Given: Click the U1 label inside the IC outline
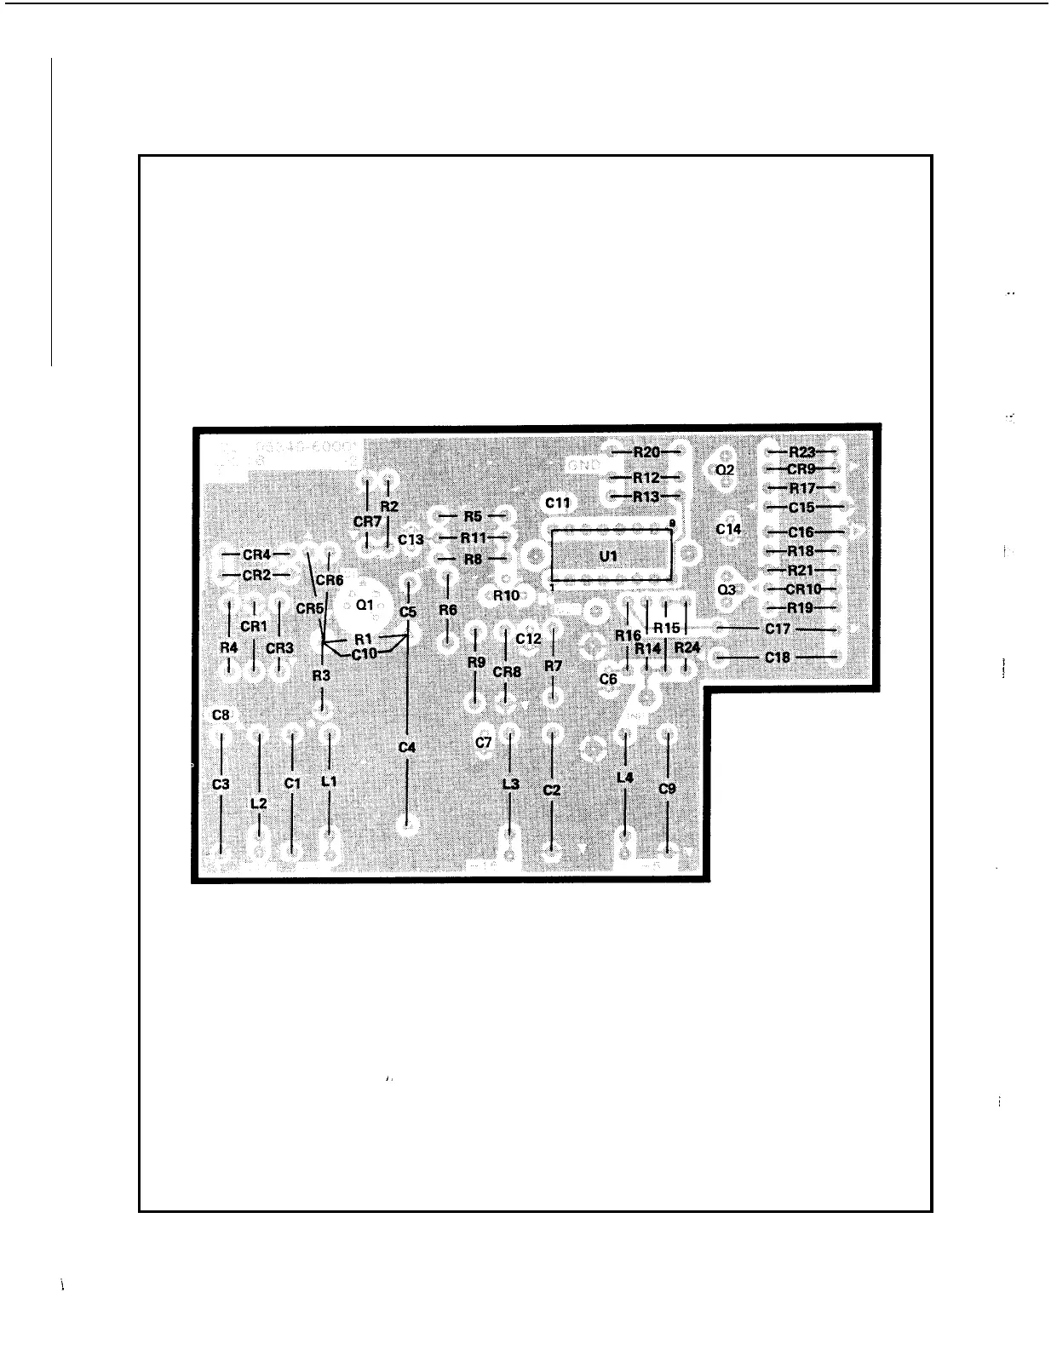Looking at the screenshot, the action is pyautogui.click(x=608, y=556).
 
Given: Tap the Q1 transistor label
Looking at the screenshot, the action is pyautogui.click(x=365, y=605).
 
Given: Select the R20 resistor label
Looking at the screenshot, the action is pyautogui.click(x=646, y=452).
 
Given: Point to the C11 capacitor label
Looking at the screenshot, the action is pyautogui.click(x=558, y=503).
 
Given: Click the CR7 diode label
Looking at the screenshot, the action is pyautogui.click(x=367, y=520).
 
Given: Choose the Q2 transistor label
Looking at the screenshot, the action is pyautogui.click(x=725, y=469).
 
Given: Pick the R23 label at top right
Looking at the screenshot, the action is pyautogui.click(x=802, y=452).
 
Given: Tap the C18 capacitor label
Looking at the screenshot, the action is pyautogui.click(x=777, y=658).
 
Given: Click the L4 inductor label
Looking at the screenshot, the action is pyautogui.click(x=625, y=778).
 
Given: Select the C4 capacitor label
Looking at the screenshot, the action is pyautogui.click(x=407, y=747).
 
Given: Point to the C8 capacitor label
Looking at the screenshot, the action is pyautogui.click(x=221, y=715).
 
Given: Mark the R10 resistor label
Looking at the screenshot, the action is pyautogui.click(x=507, y=595).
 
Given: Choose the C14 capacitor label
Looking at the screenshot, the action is pyautogui.click(x=728, y=529).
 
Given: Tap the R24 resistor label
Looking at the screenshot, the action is pyautogui.click(x=686, y=648).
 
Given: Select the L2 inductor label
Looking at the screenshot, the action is pyautogui.click(x=259, y=802).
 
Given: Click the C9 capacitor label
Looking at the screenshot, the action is pyautogui.click(x=668, y=789).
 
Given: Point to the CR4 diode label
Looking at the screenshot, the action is pyautogui.click(x=256, y=554).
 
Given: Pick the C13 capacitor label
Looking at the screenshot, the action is pyautogui.click(x=411, y=540).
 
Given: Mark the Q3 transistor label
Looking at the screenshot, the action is pyautogui.click(x=726, y=589).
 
